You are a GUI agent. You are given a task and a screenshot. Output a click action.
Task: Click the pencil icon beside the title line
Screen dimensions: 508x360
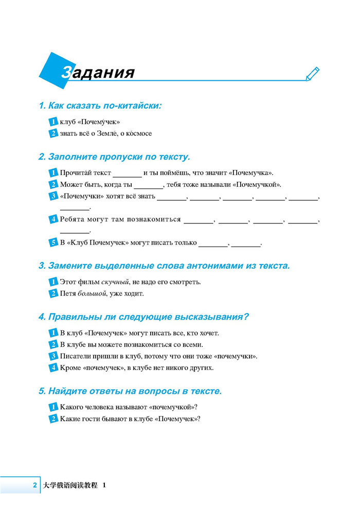click(x=312, y=74)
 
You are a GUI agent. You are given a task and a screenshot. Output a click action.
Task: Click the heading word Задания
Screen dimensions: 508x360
click(x=98, y=73)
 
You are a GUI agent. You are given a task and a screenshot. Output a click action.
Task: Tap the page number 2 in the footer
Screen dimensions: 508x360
click(x=34, y=485)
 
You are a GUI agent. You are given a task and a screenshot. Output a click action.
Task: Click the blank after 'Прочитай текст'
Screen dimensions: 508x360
click(x=127, y=172)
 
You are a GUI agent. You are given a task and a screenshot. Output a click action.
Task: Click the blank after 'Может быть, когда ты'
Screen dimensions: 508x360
click(x=148, y=184)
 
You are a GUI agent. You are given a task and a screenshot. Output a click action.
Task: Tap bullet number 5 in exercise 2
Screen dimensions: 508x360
click(x=53, y=243)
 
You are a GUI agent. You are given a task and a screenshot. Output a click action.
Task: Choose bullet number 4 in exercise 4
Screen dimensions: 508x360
click(x=53, y=367)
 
